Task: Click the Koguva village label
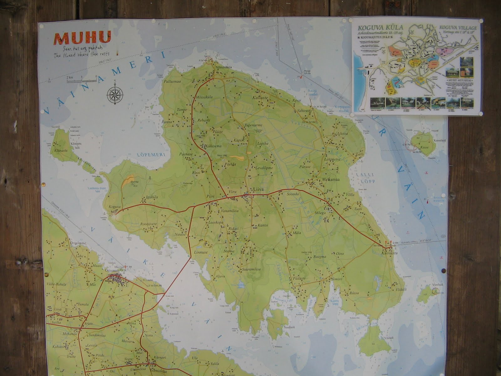point(114,207)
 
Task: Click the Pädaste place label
point(300,278)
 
